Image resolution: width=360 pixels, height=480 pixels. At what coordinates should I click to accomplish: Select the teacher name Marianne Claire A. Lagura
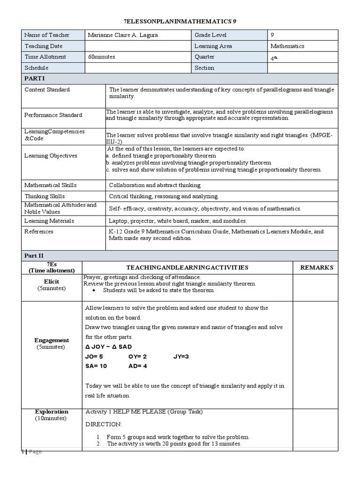pyautogui.click(x=121, y=35)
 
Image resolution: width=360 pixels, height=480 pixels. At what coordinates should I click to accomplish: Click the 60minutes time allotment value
pyautogui.click(x=102, y=57)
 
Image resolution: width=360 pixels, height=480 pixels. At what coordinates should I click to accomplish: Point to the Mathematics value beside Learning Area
pyautogui.click(x=287, y=46)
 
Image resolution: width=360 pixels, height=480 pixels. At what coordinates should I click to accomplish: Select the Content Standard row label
pyautogui.click(x=47, y=90)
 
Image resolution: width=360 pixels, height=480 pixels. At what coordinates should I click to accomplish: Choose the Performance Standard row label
pyautogui.click(x=53, y=115)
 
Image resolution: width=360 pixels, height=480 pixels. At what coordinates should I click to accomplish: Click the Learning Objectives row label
pyautogui.click(x=51, y=156)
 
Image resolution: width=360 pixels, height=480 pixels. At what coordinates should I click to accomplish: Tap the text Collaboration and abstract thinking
pyautogui.click(x=155, y=185)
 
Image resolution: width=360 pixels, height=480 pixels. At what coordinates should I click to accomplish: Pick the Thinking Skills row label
pyautogui.click(x=45, y=196)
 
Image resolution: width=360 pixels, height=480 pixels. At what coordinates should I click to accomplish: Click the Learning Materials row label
pyautogui.click(x=49, y=221)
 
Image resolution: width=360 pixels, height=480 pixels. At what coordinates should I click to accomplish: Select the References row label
pyautogui.click(x=39, y=232)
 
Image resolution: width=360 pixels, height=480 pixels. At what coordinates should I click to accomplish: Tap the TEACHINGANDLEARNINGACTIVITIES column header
pyautogui.click(x=187, y=268)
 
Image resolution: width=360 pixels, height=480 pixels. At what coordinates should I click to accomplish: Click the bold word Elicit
pyautogui.click(x=52, y=282)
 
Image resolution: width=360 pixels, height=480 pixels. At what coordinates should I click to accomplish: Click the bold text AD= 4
pyautogui.click(x=138, y=366)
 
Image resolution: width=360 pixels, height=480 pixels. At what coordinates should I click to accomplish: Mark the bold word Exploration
pyautogui.click(x=52, y=412)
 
